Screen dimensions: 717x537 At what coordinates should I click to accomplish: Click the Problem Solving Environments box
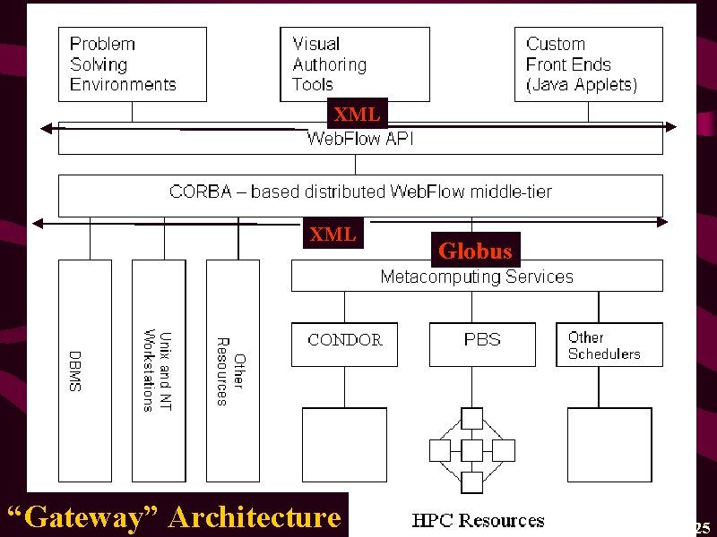(x=133, y=64)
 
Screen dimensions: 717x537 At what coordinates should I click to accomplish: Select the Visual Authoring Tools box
(x=355, y=64)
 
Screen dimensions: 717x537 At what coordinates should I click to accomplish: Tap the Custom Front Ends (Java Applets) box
(x=589, y=64)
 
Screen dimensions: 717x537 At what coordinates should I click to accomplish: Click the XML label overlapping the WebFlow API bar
(x=357, y=114)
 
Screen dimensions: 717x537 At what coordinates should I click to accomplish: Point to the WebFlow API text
(x=360, y=138)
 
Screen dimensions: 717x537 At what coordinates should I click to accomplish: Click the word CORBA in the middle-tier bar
(x=200, y=192)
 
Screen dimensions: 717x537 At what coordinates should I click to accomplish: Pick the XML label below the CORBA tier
(x=333, y=234)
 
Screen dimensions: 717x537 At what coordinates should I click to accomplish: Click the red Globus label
(x=476, y=250)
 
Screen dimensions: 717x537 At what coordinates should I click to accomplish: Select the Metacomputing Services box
(x=477, y=276)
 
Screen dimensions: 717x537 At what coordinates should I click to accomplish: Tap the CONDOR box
(x=344, y=345)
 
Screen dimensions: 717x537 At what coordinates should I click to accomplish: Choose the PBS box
(x=482, y=345)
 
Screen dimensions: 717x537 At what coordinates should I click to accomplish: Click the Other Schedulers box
(x=609, y=345)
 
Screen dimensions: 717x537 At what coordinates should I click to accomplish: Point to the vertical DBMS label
(x=75, y=371)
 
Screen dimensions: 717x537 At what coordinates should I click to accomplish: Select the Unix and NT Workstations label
(x=158, y=371)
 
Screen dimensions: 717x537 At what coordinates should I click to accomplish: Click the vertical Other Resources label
(x=231, y=371)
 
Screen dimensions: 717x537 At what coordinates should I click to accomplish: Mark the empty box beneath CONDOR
(x=344, y=445)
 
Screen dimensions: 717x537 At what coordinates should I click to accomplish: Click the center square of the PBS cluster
(x=472, y=450)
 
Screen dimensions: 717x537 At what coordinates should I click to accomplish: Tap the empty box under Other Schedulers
(x=609, y=445)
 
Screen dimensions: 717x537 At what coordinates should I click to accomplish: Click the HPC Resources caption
(x=478, y=520)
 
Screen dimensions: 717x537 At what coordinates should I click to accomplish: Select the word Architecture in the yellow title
(x=255, y=517)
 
